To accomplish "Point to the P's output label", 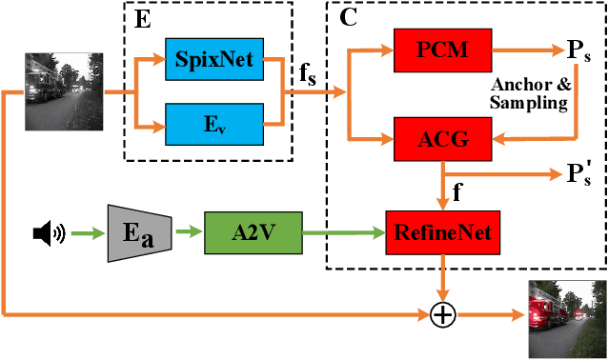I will coord(579,174).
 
